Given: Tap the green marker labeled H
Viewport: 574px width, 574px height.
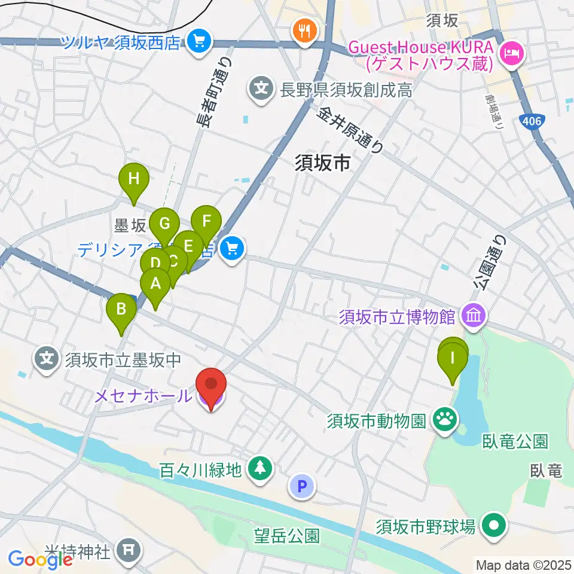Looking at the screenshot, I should pos(134,179).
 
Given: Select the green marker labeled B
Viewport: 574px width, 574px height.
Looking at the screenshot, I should pos(121,309).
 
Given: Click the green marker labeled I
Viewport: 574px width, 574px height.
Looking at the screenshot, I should pos(453,359).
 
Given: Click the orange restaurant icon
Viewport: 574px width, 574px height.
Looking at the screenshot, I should pos(305,30).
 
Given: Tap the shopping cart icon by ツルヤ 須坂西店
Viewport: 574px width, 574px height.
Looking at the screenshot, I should pos(197,41).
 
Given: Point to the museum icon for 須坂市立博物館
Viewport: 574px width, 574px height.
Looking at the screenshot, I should pos(474,315).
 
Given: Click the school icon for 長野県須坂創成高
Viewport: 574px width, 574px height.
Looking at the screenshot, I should pos(261,90).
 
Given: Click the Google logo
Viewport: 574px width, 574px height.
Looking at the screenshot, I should pos(41,559).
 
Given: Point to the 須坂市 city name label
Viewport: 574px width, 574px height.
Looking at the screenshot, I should pos(322,164).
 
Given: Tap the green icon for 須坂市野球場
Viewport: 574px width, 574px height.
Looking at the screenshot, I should pos(494,526).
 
